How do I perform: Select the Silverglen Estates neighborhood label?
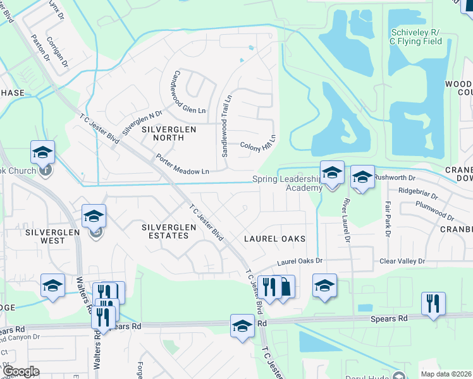point(165,231)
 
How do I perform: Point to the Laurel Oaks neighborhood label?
point(275,239)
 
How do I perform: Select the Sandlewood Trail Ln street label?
point(226,126)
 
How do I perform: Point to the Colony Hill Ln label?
point(259,143)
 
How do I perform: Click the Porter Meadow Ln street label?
point(182,164)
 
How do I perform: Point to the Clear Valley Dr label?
point(403,261)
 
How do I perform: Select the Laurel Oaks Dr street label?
point(300,261)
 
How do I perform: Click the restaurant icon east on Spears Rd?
point(433,303)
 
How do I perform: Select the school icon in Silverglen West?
point(94,216)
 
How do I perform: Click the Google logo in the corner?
point(20,371)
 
